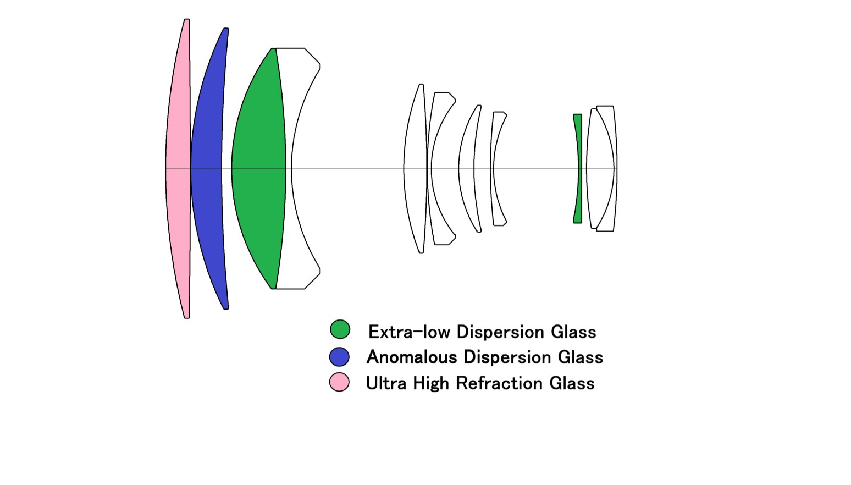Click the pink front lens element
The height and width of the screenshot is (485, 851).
coord(178,168)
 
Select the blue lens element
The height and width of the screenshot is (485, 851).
coord(207,168)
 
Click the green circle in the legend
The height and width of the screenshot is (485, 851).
coord(340,329)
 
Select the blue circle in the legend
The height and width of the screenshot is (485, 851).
coord(339,357)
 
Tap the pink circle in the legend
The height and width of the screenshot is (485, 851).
coord(339,382)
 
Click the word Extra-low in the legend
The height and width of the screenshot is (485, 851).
coord(408,332)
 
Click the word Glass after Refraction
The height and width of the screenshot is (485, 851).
coord(572,383)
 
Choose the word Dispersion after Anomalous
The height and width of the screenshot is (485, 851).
coord(507,357)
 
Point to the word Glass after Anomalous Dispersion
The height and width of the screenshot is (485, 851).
coord(580,357)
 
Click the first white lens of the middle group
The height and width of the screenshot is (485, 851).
coord(415,168)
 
